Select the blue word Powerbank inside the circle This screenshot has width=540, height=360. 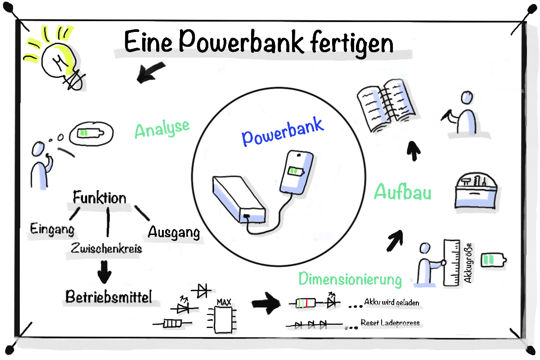[283, 131]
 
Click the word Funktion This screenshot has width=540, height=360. [99, 198]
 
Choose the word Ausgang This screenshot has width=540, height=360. [174, 232]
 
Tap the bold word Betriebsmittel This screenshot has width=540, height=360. [109, 297]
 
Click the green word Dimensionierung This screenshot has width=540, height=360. [350, 279]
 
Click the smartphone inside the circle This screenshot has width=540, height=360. [297, 171]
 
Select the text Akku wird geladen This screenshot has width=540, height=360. [391, 302]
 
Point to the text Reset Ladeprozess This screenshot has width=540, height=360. [390, 323]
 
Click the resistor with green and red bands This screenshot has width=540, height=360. [303, 303]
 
